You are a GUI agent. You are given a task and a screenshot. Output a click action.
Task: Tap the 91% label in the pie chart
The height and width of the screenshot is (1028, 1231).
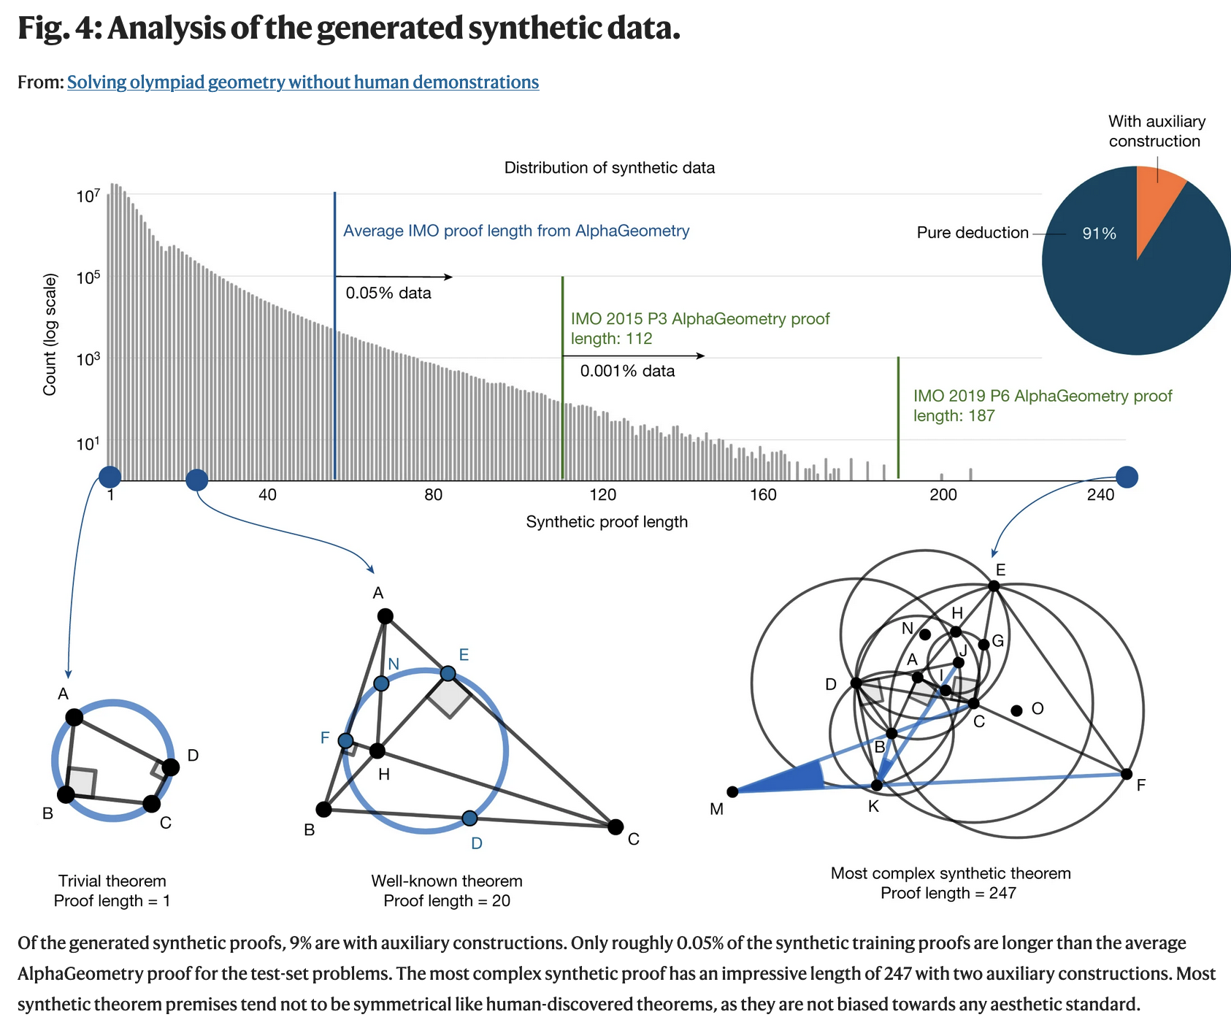[x=1099, y=234]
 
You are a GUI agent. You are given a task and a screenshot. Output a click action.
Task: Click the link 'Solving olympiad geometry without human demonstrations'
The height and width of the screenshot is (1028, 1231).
[x=303, y=83]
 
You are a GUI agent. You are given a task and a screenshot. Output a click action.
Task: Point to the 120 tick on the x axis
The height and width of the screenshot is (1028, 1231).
[x=603, y=495]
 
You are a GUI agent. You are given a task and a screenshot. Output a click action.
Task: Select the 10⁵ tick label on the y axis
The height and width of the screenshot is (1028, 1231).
[x=88, y=277]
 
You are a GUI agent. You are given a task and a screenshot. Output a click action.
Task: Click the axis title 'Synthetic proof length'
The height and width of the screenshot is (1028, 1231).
[x=607, y=522]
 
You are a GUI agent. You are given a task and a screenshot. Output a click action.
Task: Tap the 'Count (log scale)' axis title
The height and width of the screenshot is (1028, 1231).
[x=50, y=334]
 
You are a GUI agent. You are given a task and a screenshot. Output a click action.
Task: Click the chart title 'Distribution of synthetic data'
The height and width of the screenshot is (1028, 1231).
[x=610, y=168]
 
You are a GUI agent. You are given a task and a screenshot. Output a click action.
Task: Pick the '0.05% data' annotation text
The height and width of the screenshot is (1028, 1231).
[x=388, y=294]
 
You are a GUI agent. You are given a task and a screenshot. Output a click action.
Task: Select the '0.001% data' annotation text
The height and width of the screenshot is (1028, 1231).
[x=627, y=371]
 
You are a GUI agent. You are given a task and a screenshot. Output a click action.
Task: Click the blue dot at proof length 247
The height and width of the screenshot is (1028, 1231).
[x=1127, y=477]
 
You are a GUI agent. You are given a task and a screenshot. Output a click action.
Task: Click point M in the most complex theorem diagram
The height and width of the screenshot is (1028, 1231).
[x=732, y=791]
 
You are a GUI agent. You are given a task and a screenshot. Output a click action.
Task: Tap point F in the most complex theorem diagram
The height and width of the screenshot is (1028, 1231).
[x=1126, y=774]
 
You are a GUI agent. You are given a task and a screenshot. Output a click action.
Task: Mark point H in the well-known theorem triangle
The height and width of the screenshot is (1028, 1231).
[x=377, y=751]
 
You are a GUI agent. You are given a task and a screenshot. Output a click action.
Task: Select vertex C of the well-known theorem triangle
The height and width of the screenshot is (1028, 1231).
[x=615, y=826]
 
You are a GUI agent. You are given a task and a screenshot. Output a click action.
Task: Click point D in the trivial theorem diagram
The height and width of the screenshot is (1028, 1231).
[x=170, y=767]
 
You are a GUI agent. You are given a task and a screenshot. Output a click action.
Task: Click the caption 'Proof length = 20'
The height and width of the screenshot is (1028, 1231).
[x=447, y=901]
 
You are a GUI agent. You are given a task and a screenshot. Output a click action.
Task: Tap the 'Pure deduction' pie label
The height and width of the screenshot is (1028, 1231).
[x=973, y=233]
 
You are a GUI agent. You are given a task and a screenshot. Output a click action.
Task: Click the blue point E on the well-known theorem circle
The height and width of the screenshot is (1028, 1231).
[x=448, y=673]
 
